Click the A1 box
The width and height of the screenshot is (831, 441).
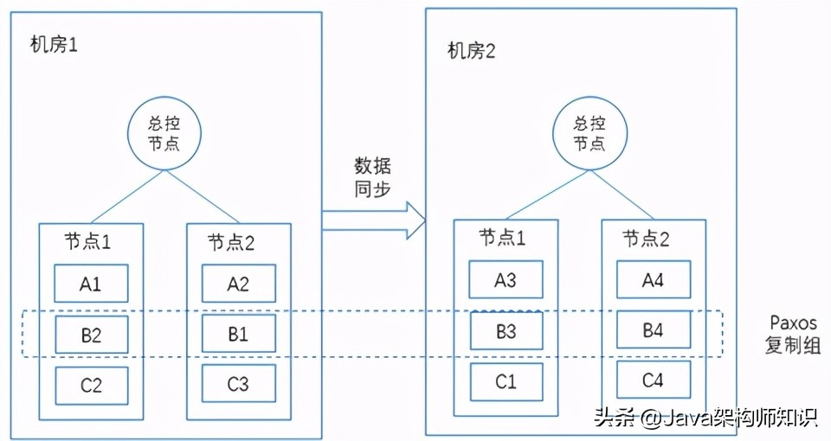[92, 284]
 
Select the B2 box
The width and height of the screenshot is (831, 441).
[92, 335]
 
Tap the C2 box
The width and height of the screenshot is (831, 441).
[92, 386]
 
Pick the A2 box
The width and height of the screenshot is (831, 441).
[238, 284]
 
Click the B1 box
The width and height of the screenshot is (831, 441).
[238, 334]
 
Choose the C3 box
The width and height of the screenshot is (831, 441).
[238, 384]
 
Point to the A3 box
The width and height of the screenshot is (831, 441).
[506, 279]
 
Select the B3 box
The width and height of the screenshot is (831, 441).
[506, 330]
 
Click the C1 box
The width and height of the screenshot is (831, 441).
[506, 381]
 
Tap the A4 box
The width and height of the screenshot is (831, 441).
[654, 278]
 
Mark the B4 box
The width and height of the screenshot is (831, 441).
[654, 329]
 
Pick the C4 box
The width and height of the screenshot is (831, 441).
[654, 380]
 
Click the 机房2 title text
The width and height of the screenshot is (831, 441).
[472, 50]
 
